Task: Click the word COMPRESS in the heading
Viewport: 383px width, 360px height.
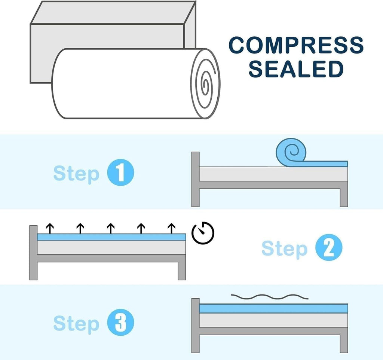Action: (296, 45)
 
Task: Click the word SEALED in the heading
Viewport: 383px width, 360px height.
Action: (296, 69)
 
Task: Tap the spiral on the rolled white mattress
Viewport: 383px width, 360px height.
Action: (205, 83)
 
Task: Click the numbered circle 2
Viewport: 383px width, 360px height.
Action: (328, 248)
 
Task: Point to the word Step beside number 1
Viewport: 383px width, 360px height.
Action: (76, 174)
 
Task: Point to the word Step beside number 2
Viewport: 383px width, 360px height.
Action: (284, 248)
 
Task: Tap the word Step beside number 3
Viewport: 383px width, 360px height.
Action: (76, 323)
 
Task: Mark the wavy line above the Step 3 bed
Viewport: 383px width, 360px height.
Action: (270, 297)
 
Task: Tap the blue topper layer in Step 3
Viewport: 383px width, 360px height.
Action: (273, 308)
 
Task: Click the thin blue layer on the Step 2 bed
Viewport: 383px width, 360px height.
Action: (111, 237)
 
